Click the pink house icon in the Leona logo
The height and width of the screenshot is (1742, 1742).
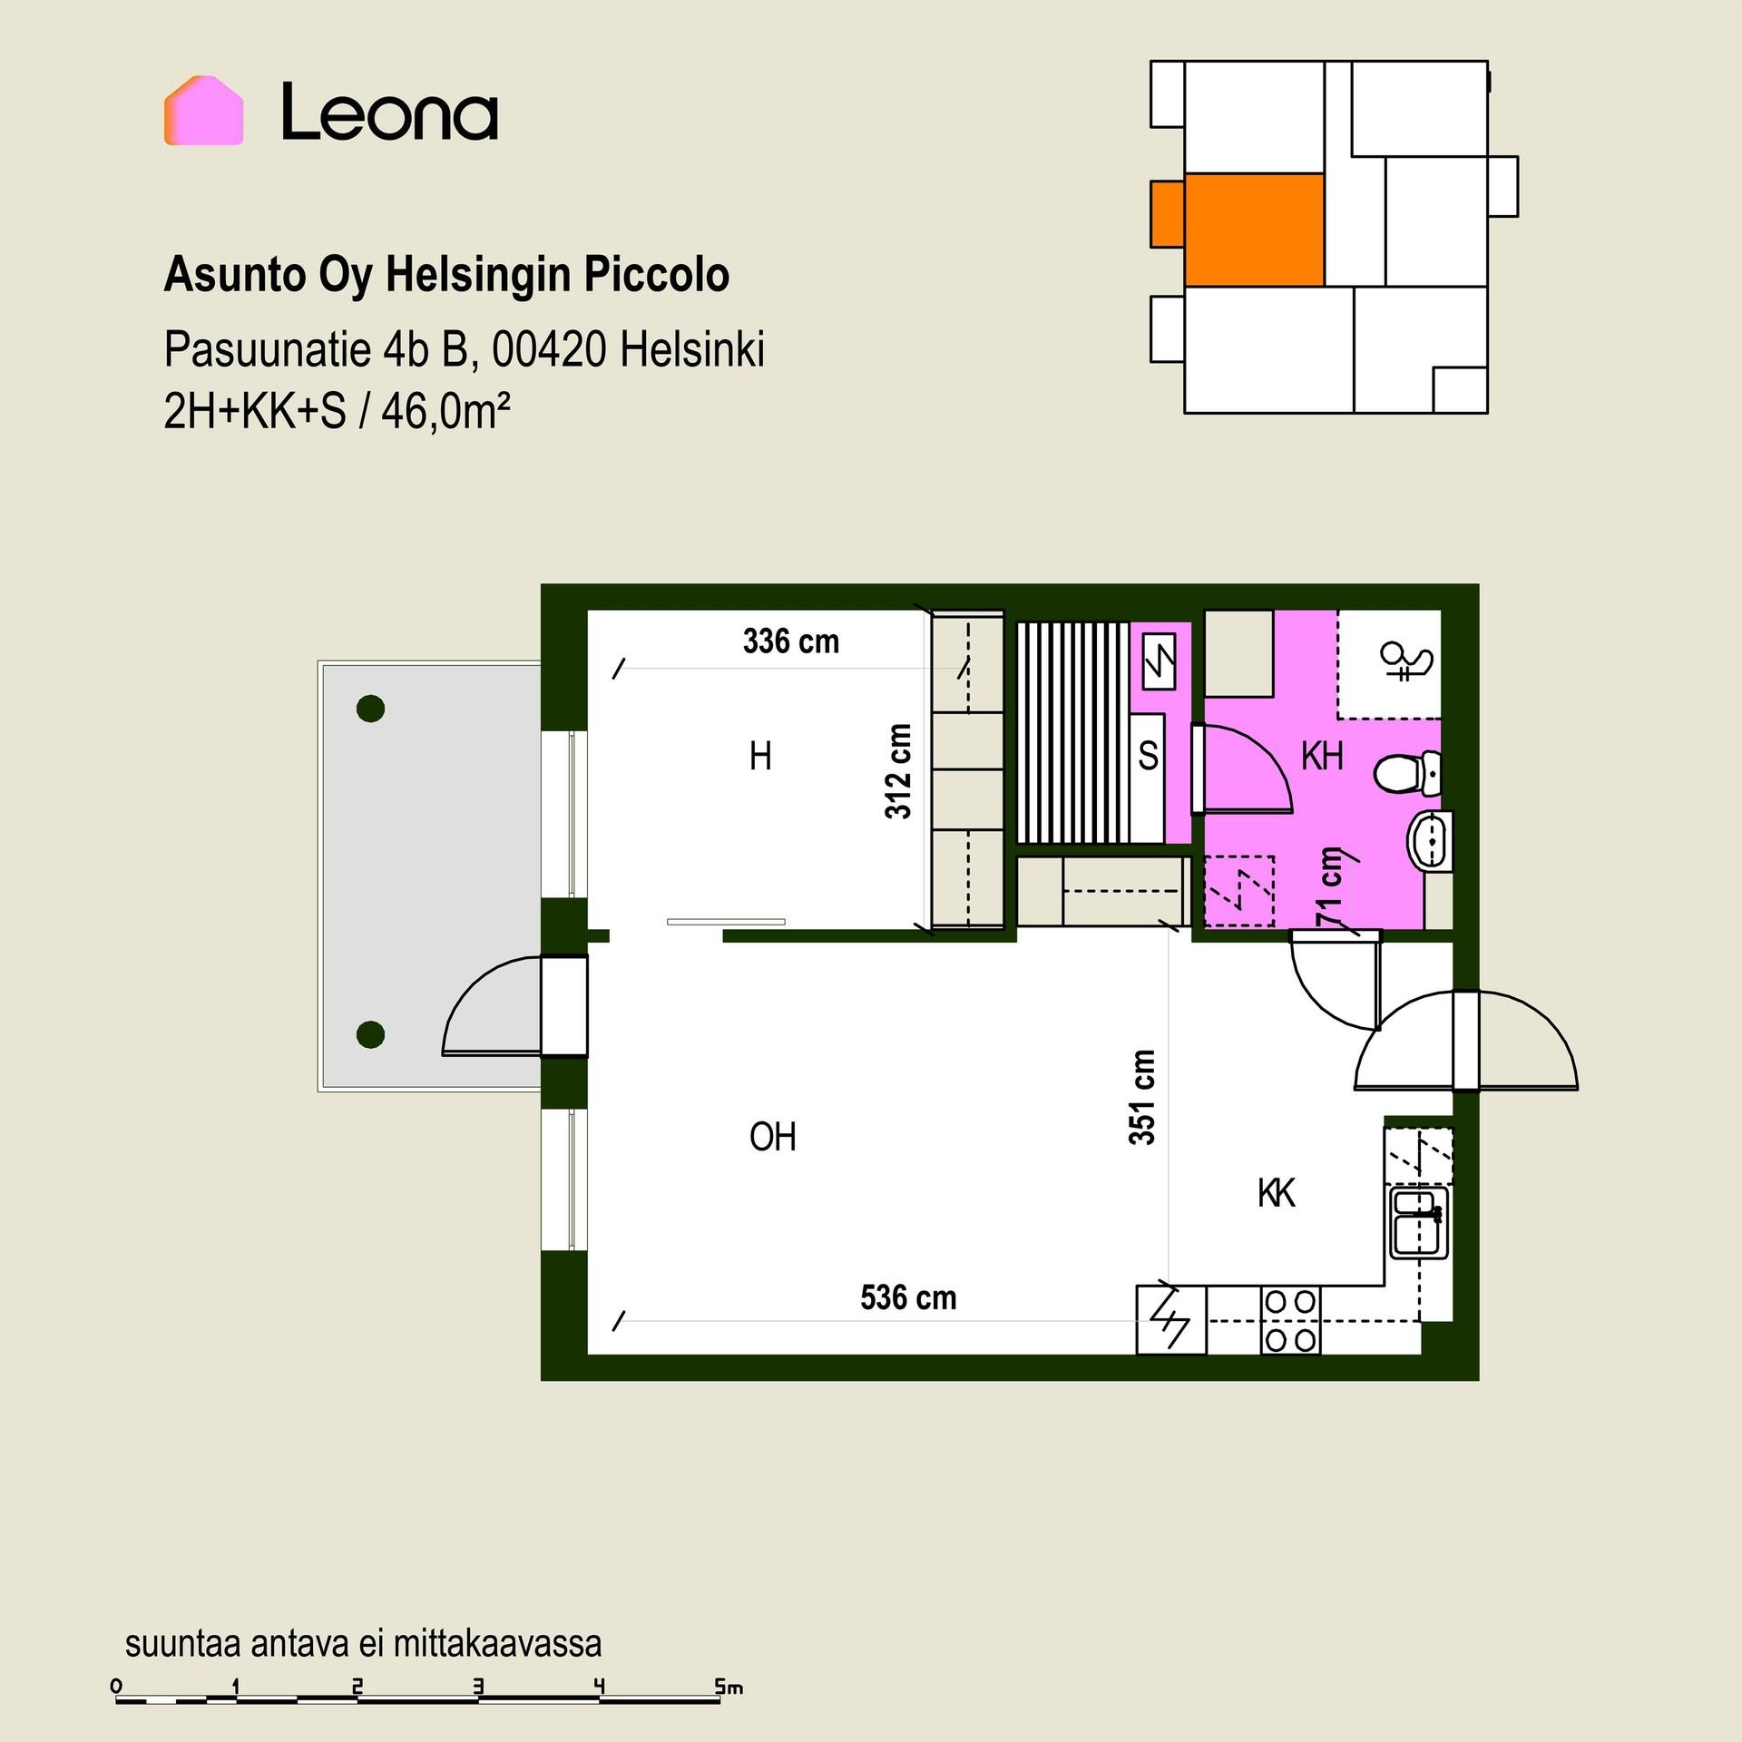click(203, 111)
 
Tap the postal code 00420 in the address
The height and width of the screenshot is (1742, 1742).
click(548, 349)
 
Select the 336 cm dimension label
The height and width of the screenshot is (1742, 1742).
click(791, 641)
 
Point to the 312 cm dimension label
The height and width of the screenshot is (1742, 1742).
click(898, 771)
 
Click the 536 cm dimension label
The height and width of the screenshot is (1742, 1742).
click(908, 1297)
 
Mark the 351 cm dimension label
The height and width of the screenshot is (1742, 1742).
click(1142, 1097)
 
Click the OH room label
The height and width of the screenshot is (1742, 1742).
click(773, 1137)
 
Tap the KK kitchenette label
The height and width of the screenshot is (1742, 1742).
click(1277, 1193)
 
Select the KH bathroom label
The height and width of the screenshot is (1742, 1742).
click(1322, 756)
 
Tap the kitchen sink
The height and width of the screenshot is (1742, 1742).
click(1420, 1224)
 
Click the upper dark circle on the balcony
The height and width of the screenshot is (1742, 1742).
click(370, 708)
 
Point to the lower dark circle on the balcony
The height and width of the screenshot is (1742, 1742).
click(370, 1033)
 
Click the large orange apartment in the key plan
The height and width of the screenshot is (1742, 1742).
click(1254, 230)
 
